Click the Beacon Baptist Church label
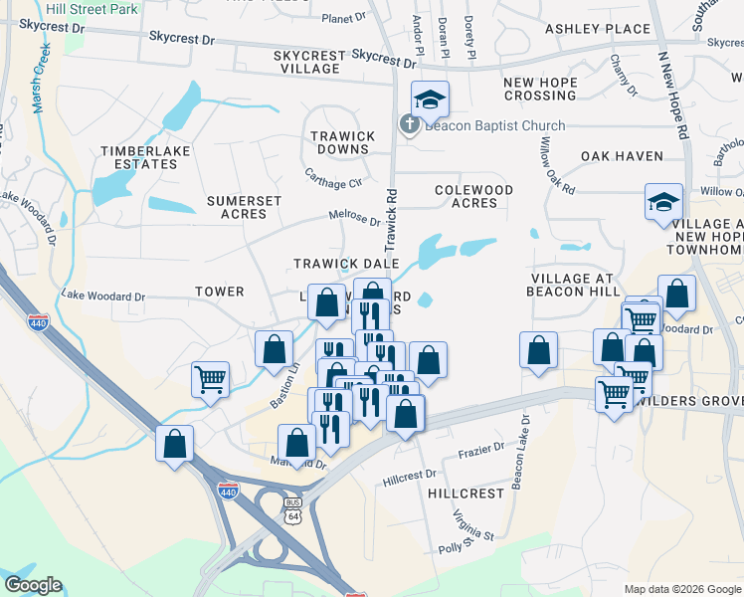click(494, 125)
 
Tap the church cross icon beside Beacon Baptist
click(408, 125)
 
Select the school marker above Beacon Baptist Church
click(431, 99)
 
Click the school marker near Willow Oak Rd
click(663, 201)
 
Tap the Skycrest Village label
click(306, 62)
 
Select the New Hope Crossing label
click(540, 89)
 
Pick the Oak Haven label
click(622, 156)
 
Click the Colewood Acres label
click(473, 196)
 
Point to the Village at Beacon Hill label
click(572, 285)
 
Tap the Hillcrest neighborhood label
click(466, 494)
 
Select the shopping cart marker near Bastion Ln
click(210, 379)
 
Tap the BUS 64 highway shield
click(291, 511)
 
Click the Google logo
click(33, 585)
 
